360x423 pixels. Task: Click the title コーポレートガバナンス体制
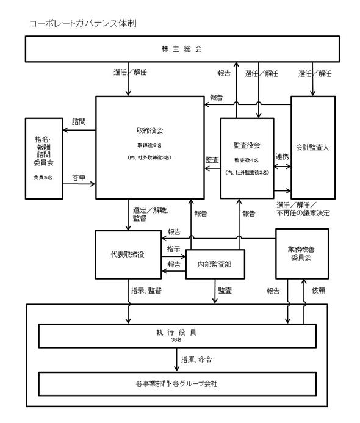pyautogui.click(x=83, y=23)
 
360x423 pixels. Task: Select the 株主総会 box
pyautogui.click(x=182, y=49)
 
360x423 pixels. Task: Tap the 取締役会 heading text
pyautogui.click(x=149, y=131)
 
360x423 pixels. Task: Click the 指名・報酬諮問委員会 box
pyautogui.click(x=44, y=159)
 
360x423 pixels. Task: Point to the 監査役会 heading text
pyautogui.click(x=247, y=145)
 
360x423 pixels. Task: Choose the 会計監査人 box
pyautogui.click(x=313, y=148)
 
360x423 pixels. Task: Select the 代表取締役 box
pyautogui.click(x=128, y=255)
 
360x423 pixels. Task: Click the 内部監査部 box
pyautogui.click(x=215, y=264)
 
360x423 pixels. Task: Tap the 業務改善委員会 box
pyautogui.click(x=302, y=254)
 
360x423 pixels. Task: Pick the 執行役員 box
pyautogui.click(x=177, y=336)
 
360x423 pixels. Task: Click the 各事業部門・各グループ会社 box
pyautogui.click(x=177, y=384)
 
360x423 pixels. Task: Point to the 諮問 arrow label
pyautogui.click(x=79, y=121)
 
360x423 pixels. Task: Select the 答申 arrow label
pyautogui.click(x=79, y=178)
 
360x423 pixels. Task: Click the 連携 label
pyautogui.click(x=282, y=157)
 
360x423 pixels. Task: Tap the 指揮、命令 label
pyautogui.click(x=196, y=360)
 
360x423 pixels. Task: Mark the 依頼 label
pyautogui.click(x=319, y=291)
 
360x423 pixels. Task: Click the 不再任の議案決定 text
pyautogui.click(x=303, y=213)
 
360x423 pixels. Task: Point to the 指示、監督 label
pyautogui.click(x=146, y=291)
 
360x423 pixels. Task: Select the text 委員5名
pyautogui.click(x=43, y=178)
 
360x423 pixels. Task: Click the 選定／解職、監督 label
pyautogui.click(x=151, y=214)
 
